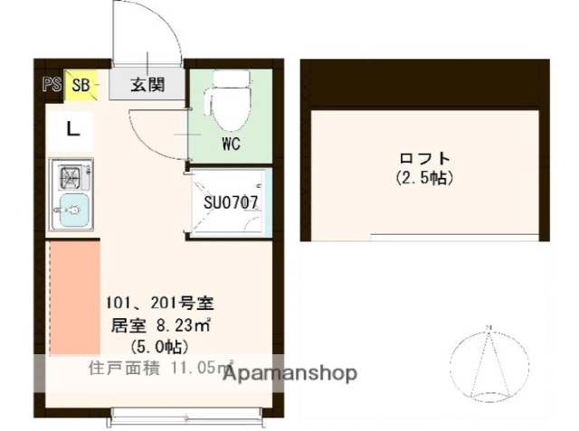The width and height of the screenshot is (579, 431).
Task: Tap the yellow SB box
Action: coord(80,87)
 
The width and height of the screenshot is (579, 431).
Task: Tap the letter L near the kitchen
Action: coord(73,129)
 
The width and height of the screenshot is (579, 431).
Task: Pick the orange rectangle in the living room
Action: coord(71,297)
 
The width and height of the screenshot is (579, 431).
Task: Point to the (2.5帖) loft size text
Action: coord(424,179)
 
